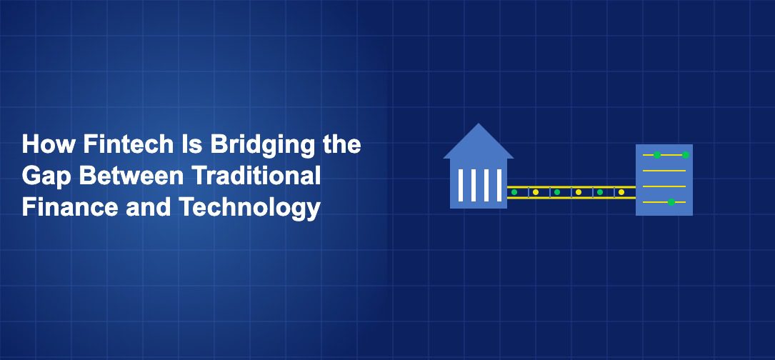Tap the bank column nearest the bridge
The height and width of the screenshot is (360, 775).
pyautogui.click(x=499, y=185)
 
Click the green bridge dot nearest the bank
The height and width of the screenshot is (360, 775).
pyautogui.click(x=514, y=192)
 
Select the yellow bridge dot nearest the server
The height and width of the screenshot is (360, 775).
pyautogui.click(x=621, y=192)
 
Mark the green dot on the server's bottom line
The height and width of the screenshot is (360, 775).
pyautogui.click(x=671, y=202)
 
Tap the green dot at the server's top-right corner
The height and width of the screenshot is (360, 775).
pyautogui.click(x=685, y=155)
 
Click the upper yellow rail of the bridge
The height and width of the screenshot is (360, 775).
pyautogui.click(x=571, y=187)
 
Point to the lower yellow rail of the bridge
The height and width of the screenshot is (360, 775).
pyautogui.click(x=571, y=198)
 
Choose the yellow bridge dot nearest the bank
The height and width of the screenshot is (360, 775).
pyautogui.click(x=536, y=192)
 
